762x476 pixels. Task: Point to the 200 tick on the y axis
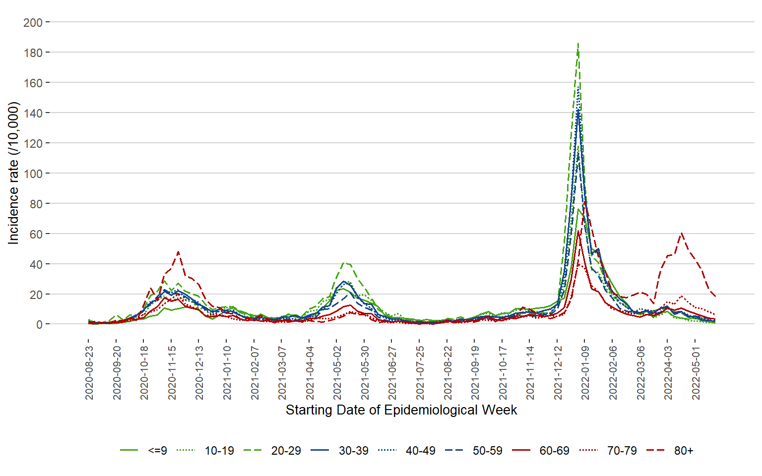click(33, 22)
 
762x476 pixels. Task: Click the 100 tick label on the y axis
click(33, 174)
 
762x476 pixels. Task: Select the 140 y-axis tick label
click(33, 113)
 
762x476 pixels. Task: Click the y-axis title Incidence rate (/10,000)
click(13, 173)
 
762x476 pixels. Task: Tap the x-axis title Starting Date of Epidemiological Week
click(401, 410)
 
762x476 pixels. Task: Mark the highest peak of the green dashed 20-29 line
click(578, 44)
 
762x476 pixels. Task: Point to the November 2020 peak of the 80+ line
click(178, 252)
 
